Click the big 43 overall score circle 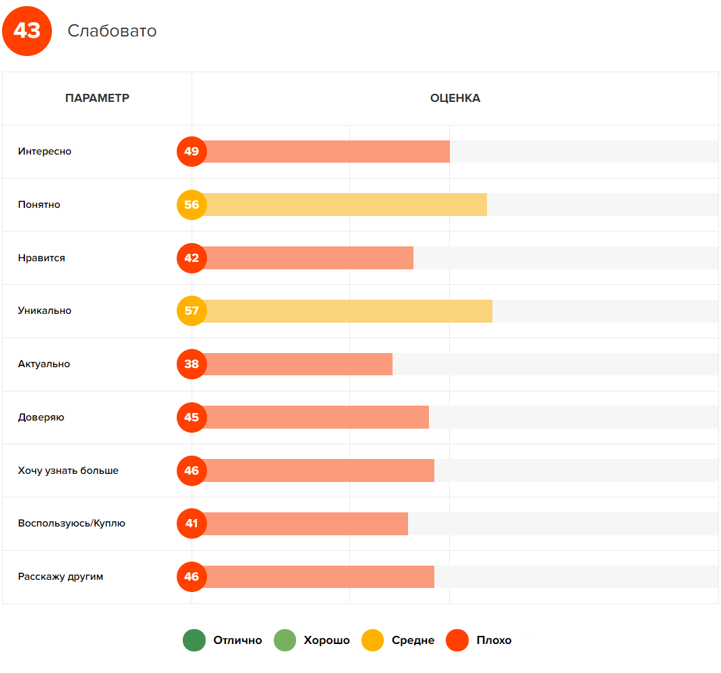coord(27,31)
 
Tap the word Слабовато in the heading coord(112,31)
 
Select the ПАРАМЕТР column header coord(97,99)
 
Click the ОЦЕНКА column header coord(455,99)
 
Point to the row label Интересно coord(45,151)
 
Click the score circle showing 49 coord(192,151)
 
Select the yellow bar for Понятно coord(344,205)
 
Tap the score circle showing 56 coord(192,205)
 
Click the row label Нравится coord(42,258)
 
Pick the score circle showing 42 coord(192,258)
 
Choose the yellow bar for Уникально coord(347,311)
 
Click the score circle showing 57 coord(192,311)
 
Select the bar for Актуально coord(297,365)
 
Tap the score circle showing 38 coord(192,365)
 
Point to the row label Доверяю coord(41,417)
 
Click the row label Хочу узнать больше coord(68,470)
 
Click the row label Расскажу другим coord(61,577)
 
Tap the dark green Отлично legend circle coord(194,641)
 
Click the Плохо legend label coord(494,641)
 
